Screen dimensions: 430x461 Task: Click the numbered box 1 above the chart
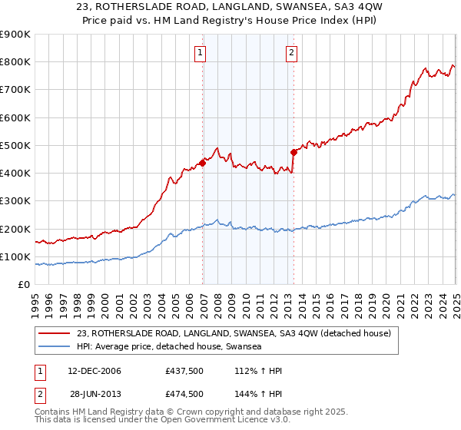pos(200,53)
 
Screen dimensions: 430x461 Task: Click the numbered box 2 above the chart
pos(292,53)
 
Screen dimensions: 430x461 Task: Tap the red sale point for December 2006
pos(203,162)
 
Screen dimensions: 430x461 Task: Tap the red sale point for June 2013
pos(294,152)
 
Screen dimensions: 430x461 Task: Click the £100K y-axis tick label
pos(15,256)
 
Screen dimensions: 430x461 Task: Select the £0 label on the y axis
pos(24,285)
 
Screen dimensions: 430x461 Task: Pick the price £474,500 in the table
pos(184,394)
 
